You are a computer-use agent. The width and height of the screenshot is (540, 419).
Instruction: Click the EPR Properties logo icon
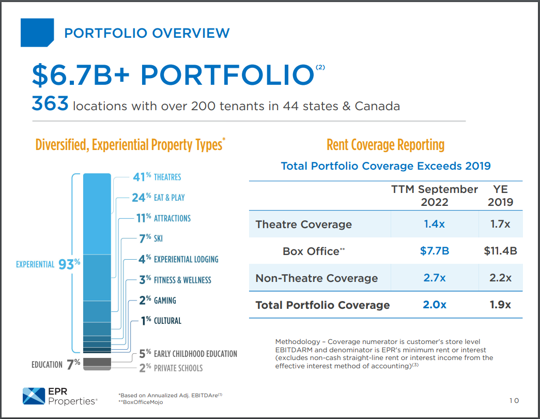click(x=34, y=395)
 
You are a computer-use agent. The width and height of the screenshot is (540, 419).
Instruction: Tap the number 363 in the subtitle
click(x=50, y=105)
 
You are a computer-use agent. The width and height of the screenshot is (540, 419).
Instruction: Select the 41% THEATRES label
click(x=157, y=177)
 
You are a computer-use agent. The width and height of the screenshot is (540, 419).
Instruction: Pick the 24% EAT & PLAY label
click(x=158, y=198)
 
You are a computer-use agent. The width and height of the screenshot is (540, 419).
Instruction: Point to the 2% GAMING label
click(x=158, y=301)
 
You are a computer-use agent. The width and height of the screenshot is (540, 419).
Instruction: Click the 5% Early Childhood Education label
click(x=188, y=354)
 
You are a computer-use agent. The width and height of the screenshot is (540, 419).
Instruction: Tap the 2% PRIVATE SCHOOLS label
click(x=171, y=368)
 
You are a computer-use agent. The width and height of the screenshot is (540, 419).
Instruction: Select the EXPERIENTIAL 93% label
click(x=48, y=263)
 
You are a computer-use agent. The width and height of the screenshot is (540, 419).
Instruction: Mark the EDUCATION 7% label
click(x=56, y=364)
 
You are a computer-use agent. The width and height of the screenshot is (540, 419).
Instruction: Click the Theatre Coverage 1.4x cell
click(x=434, y=224)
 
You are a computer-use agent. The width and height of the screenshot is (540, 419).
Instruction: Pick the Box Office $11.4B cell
click(x=500, y=251)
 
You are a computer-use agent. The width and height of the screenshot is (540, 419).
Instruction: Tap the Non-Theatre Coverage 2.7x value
click(x=434, y=278)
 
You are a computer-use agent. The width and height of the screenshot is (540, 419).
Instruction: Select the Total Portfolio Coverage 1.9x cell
click(x=500, y=305)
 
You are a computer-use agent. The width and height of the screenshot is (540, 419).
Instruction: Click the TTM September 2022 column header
click(x=434, y=195)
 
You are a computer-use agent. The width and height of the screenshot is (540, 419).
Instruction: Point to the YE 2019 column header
click(x=500, y=195)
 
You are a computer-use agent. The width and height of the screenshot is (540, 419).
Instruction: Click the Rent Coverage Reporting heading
click(x=385, y=145)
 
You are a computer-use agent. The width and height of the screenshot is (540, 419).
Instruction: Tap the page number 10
click(x=514, y=400)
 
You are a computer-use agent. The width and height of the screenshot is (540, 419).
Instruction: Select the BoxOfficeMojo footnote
click(x=141, y=402)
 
